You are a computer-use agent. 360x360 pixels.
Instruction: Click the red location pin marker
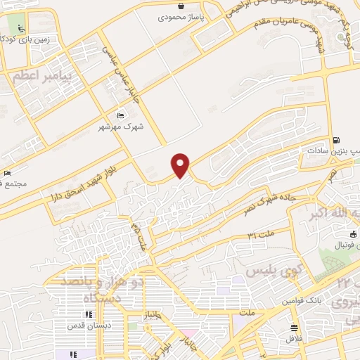coord(181,165)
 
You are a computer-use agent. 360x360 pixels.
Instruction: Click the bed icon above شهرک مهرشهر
coord(120,115)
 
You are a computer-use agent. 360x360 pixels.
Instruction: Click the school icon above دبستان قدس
coord(90,314)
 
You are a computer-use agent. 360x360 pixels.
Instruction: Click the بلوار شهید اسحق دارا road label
coord(82,183)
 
